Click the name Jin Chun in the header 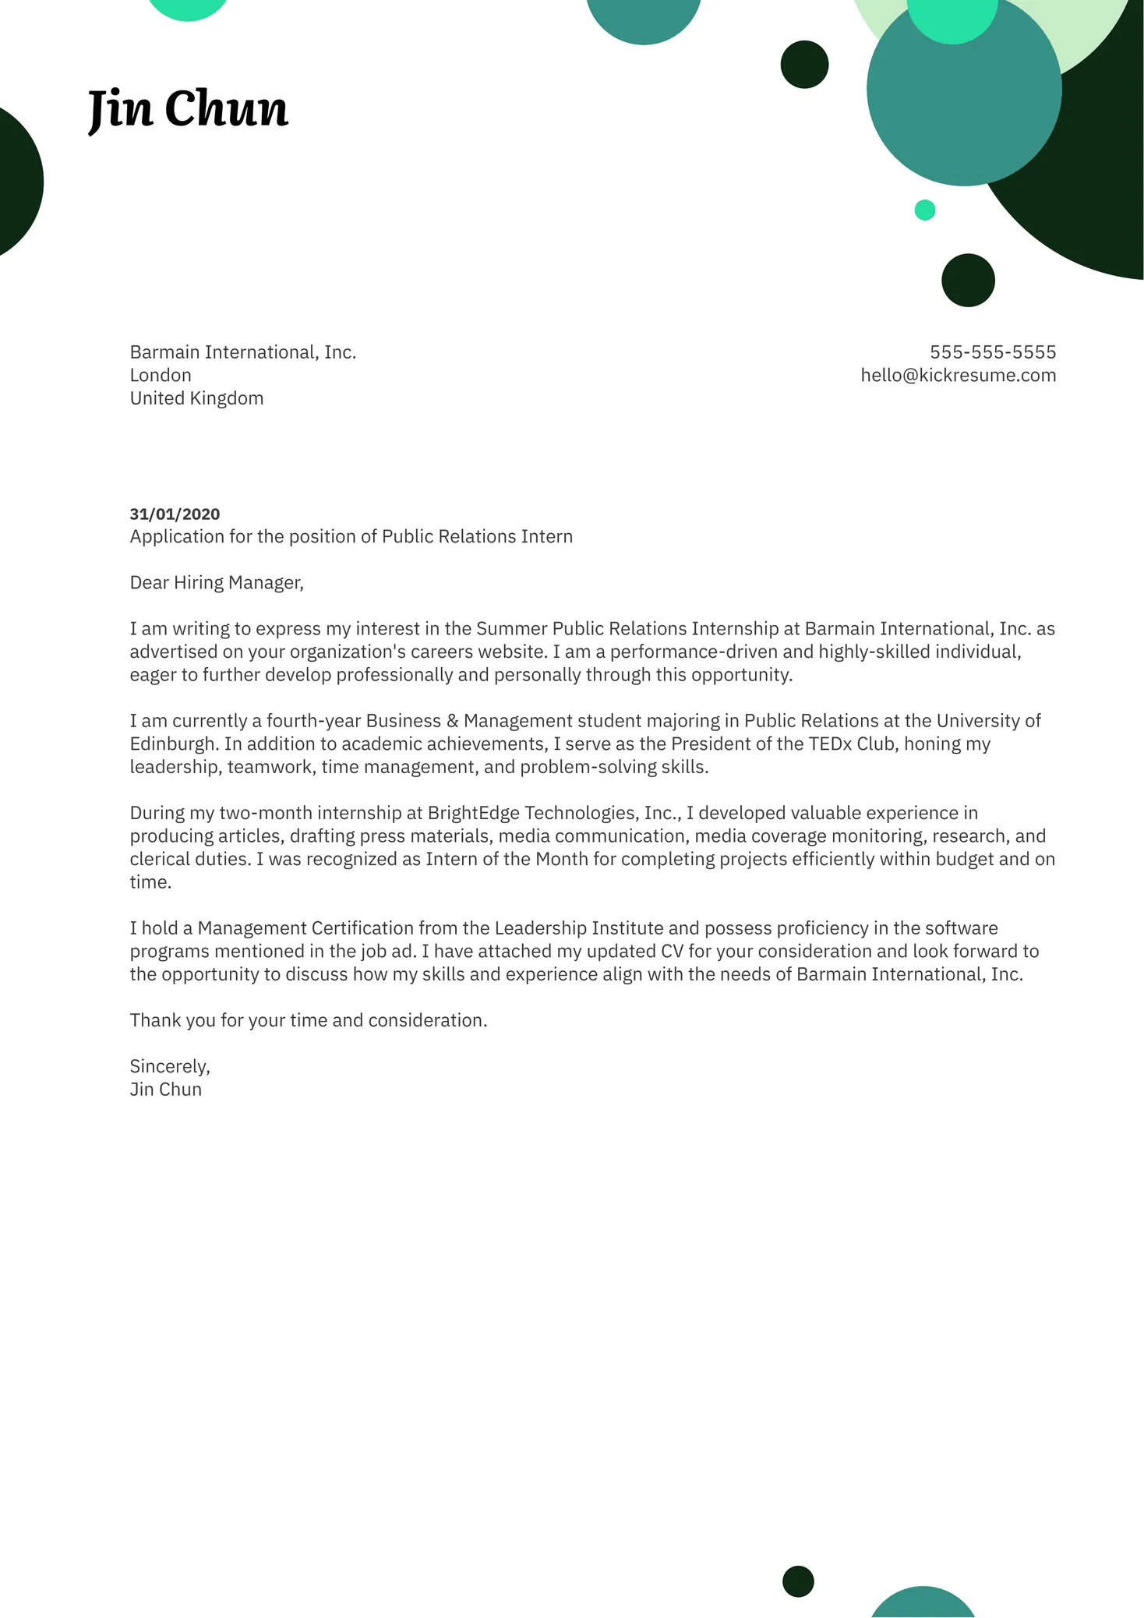click(x=188, y=108)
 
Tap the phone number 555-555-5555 click(x=992, y=352)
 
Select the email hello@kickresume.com click(x=958, y=375)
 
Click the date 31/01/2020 click(x=175, y=514)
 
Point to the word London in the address click(x=161, y=375)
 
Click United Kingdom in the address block click(x=196, y=398)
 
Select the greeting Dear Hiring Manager click(x=217, y=583)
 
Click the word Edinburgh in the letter click(x=172, y=744)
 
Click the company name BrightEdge click(x=474, y=813)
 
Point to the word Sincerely click(x=169, y=1066)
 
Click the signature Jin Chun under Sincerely click(x=166, y=1090)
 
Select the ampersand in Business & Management click(x=452, y=721)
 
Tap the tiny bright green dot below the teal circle click(x=924, y=210)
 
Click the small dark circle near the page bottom click(x=798, y=1581)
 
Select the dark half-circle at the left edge click(x=17, y=182)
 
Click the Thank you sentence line click(x=308, y=1020)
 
